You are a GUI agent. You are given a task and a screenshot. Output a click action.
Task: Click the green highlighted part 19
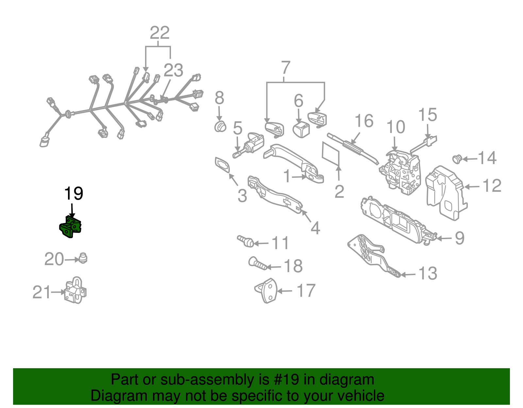(x=70, y=227)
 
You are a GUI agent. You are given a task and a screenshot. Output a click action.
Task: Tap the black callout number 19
(x=74, y=193)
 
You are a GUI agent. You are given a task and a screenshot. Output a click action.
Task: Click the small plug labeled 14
(x=457, y=159)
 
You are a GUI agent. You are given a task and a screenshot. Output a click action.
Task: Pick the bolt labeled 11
(x=245, y=241)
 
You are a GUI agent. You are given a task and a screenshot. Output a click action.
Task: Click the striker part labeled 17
(x=266, y=291)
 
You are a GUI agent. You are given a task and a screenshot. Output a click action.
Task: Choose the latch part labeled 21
(x=75, y=290)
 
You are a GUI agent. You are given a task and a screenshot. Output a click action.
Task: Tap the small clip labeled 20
(x=83, y=258)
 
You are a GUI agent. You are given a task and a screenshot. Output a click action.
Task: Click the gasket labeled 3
(x=222, y=165)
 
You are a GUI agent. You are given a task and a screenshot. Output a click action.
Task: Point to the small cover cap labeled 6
(x=301, y=129)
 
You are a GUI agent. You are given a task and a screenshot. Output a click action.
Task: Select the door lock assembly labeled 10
(x=400, y=172)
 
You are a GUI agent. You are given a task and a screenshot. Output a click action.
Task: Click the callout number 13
(x=428, y=273)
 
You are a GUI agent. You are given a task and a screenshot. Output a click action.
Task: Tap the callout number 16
(x=364, y=121)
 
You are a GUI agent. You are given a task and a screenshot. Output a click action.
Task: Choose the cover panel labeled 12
(x=446, y=193)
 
